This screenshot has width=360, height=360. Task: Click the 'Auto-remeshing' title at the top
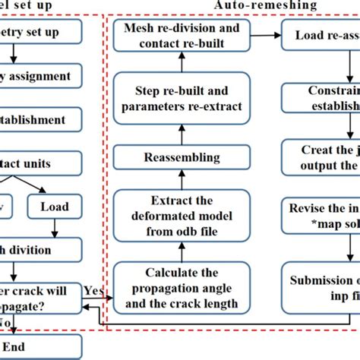pyautogui.click(x=254, y=5)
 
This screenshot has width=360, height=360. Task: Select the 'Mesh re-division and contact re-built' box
pyautogui.click(x=182, y=35)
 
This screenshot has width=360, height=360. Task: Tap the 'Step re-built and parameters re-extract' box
pyautogui.click(x=182, y=97)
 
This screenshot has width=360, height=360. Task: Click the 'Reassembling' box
pyautogui.click(x=182, y=157)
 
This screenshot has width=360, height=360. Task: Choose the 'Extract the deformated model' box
pyautogui.click(x=182, y=208)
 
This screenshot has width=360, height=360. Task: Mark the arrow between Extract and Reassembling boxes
pyautogui.click(x=182, y=179)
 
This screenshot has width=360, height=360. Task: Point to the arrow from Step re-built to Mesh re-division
pyautogui.click(x=182, y=64)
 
